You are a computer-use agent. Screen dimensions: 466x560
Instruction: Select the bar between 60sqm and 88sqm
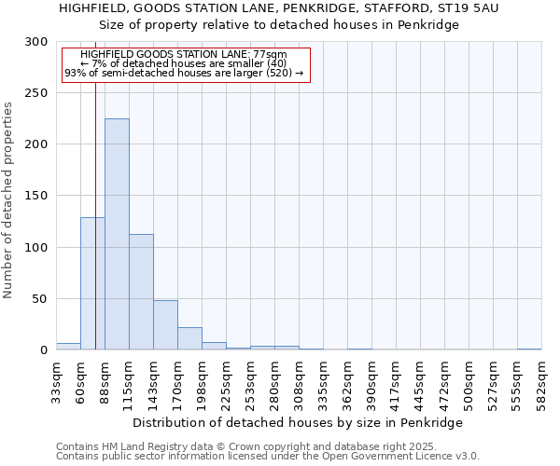(x=92, y=283)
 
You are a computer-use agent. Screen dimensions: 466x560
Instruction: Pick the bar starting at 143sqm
(x=165, y=325)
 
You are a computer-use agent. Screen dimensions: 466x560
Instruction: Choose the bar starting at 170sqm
(x=189, y=338)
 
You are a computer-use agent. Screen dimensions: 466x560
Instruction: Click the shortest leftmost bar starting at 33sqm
(x=68, y=347)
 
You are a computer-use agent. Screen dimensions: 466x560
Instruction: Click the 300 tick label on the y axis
(x=36, y=43)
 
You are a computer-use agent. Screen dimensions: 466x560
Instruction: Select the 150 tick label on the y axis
(x=36, y=197)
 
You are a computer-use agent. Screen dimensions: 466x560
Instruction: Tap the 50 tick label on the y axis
(x=40, y=299)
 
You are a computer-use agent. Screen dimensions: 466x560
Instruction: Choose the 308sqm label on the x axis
(x=299, y=383)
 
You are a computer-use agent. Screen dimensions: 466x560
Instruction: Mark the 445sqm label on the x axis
(x=420, y=383)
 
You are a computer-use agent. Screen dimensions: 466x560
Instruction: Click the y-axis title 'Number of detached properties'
(x=9, y=199)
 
